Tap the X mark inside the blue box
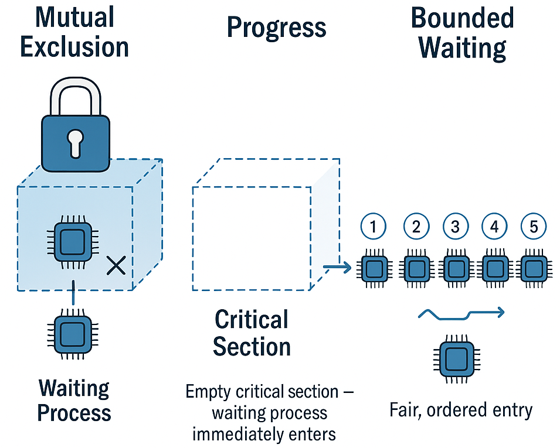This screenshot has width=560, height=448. [116, 266]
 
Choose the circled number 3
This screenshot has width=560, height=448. [455, 227]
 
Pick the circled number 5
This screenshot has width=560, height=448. [534, 227]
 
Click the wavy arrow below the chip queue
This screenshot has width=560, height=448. [461, 314]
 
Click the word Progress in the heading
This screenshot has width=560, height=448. [276, 27]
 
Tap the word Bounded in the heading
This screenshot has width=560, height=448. [462, 19]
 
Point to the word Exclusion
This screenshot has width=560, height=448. [74, 47]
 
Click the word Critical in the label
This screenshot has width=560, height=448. [252, 320]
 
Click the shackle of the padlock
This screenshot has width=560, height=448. [75, 94]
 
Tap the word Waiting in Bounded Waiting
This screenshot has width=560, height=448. [463, 48]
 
